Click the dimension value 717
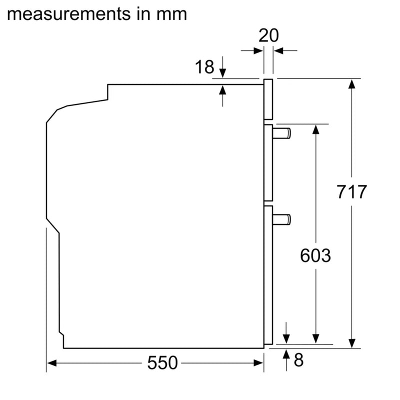(352, 191)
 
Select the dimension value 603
(315, 255)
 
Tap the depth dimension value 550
(162, 363)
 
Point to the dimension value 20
(268, 35)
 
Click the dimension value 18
(204, 66)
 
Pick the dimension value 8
(298, 360)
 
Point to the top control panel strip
(268, 100)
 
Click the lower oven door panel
(268, 275)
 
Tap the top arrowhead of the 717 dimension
(352, 83)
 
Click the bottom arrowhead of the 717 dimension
(352, 342)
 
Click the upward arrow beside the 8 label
(285, 353)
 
